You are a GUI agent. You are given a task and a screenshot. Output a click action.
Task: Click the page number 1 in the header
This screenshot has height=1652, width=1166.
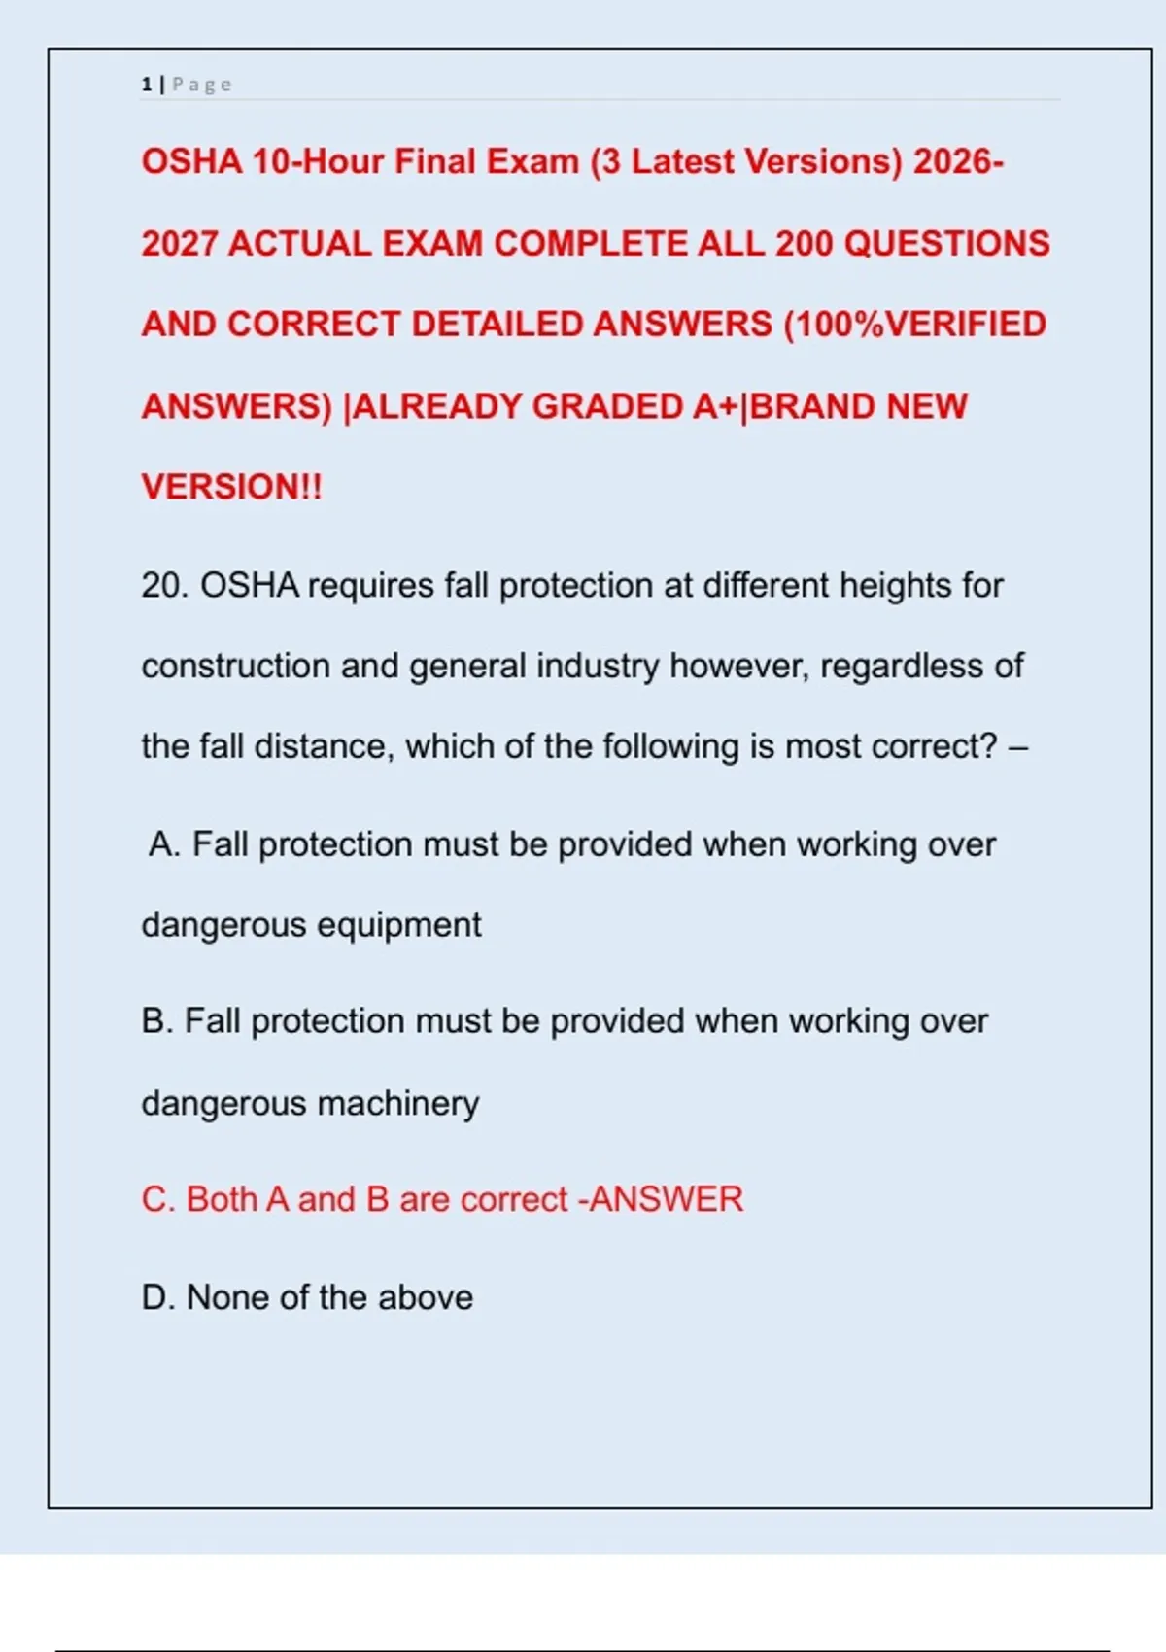coord(146,85)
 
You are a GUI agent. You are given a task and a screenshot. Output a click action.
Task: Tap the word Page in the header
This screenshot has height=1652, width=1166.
coord(202,85)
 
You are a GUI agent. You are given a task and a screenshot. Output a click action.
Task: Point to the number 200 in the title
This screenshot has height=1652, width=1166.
coord(804,243)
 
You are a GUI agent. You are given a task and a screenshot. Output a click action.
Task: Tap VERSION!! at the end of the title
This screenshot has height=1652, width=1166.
coord(231,487)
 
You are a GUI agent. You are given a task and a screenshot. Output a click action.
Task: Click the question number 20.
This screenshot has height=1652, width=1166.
coord(164,586)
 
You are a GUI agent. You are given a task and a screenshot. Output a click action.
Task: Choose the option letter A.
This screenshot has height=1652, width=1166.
coord(163,844)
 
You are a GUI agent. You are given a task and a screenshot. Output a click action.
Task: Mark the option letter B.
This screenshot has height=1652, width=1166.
coord(155,1021)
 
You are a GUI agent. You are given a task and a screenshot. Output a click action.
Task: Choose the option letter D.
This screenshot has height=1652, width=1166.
coord(155,1297)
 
